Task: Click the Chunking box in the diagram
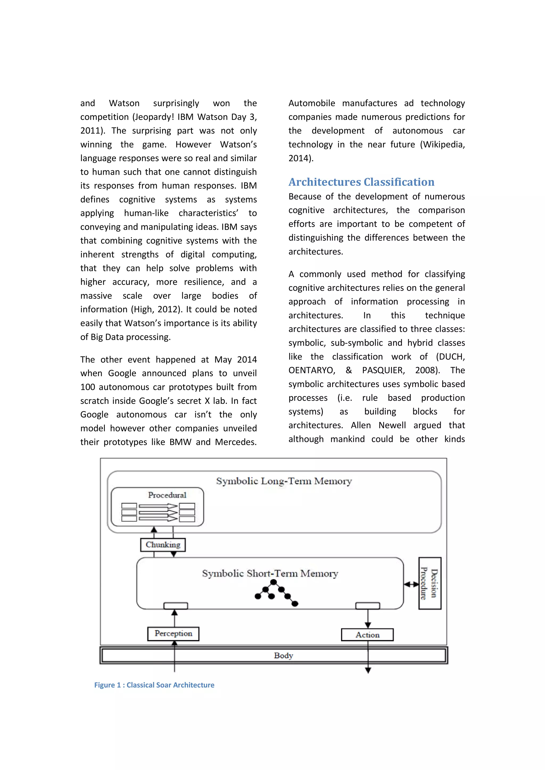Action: [x=163, y=545]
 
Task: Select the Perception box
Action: [x=173, y=634]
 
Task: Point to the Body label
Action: [x=284, y=655]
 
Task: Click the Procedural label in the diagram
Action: [x=167, y=495]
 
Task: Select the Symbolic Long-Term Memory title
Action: [x=284, y=481]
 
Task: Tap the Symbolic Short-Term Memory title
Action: [x=270, y=574]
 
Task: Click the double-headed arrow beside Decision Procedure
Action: [x=411, y=584]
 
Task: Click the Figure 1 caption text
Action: [x=154, y=685]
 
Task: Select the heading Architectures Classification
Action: [x=361, y=182]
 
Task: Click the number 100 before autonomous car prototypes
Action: [x=88, y=387]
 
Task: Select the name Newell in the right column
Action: [x=392, y=425]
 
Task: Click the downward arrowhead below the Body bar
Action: [x=368, y=670]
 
